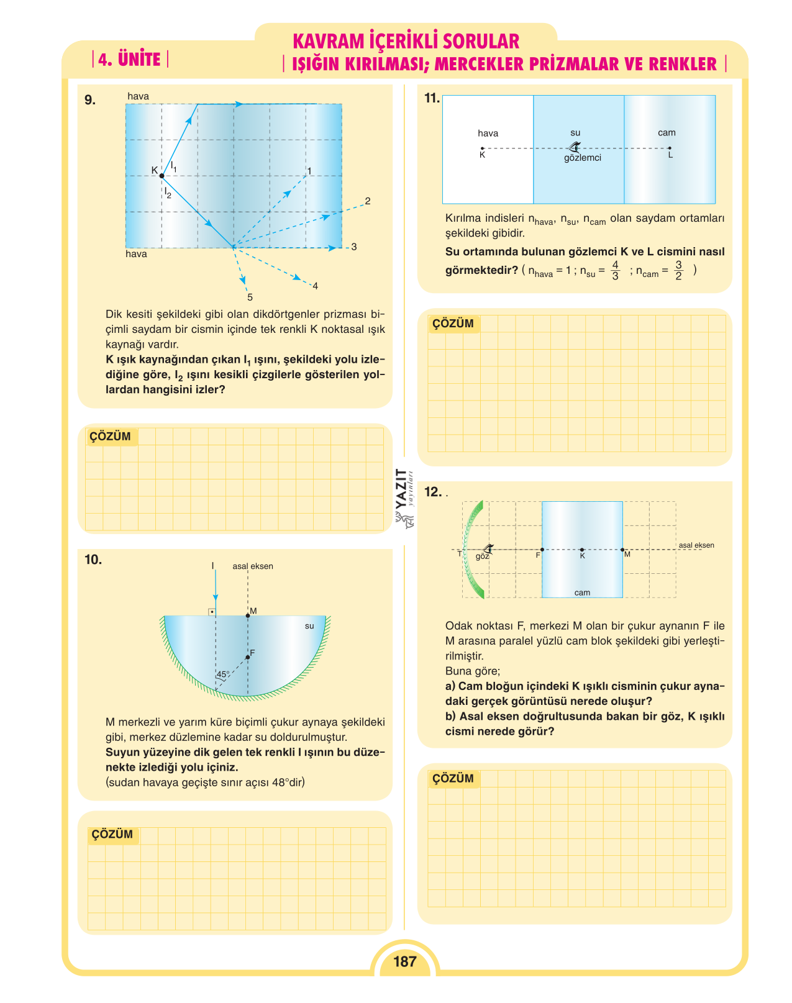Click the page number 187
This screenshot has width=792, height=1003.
(x=404, y=961)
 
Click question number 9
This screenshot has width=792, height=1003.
(x=90, y=100)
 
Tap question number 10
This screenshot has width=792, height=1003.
(x=93, y=560)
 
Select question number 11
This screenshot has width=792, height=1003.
(x=432, y=98)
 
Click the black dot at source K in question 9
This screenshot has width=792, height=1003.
(x=162, y=176)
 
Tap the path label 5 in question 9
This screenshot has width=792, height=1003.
(x=250, y=297)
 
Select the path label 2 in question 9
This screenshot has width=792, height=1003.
(x=367, y=201)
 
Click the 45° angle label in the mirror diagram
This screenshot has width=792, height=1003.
(x=223, y=674)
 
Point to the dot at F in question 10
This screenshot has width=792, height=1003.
(x=247, y=657)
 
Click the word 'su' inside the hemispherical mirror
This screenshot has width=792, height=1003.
(x=309, y=626)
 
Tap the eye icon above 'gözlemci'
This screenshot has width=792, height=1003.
(x=575, y=147)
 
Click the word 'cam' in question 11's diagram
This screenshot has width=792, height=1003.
(x=666, y=133)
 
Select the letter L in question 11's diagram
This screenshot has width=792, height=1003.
(x=670, y=155)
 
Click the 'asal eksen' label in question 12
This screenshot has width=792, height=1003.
(x=696, y=545)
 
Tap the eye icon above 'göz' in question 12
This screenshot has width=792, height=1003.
(x=488, y=548)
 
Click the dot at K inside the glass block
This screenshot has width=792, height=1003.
(x=582, y=550)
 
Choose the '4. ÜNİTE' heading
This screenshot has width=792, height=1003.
(x=130, y=60)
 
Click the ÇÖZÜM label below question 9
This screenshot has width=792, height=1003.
(x=110, y=436)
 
